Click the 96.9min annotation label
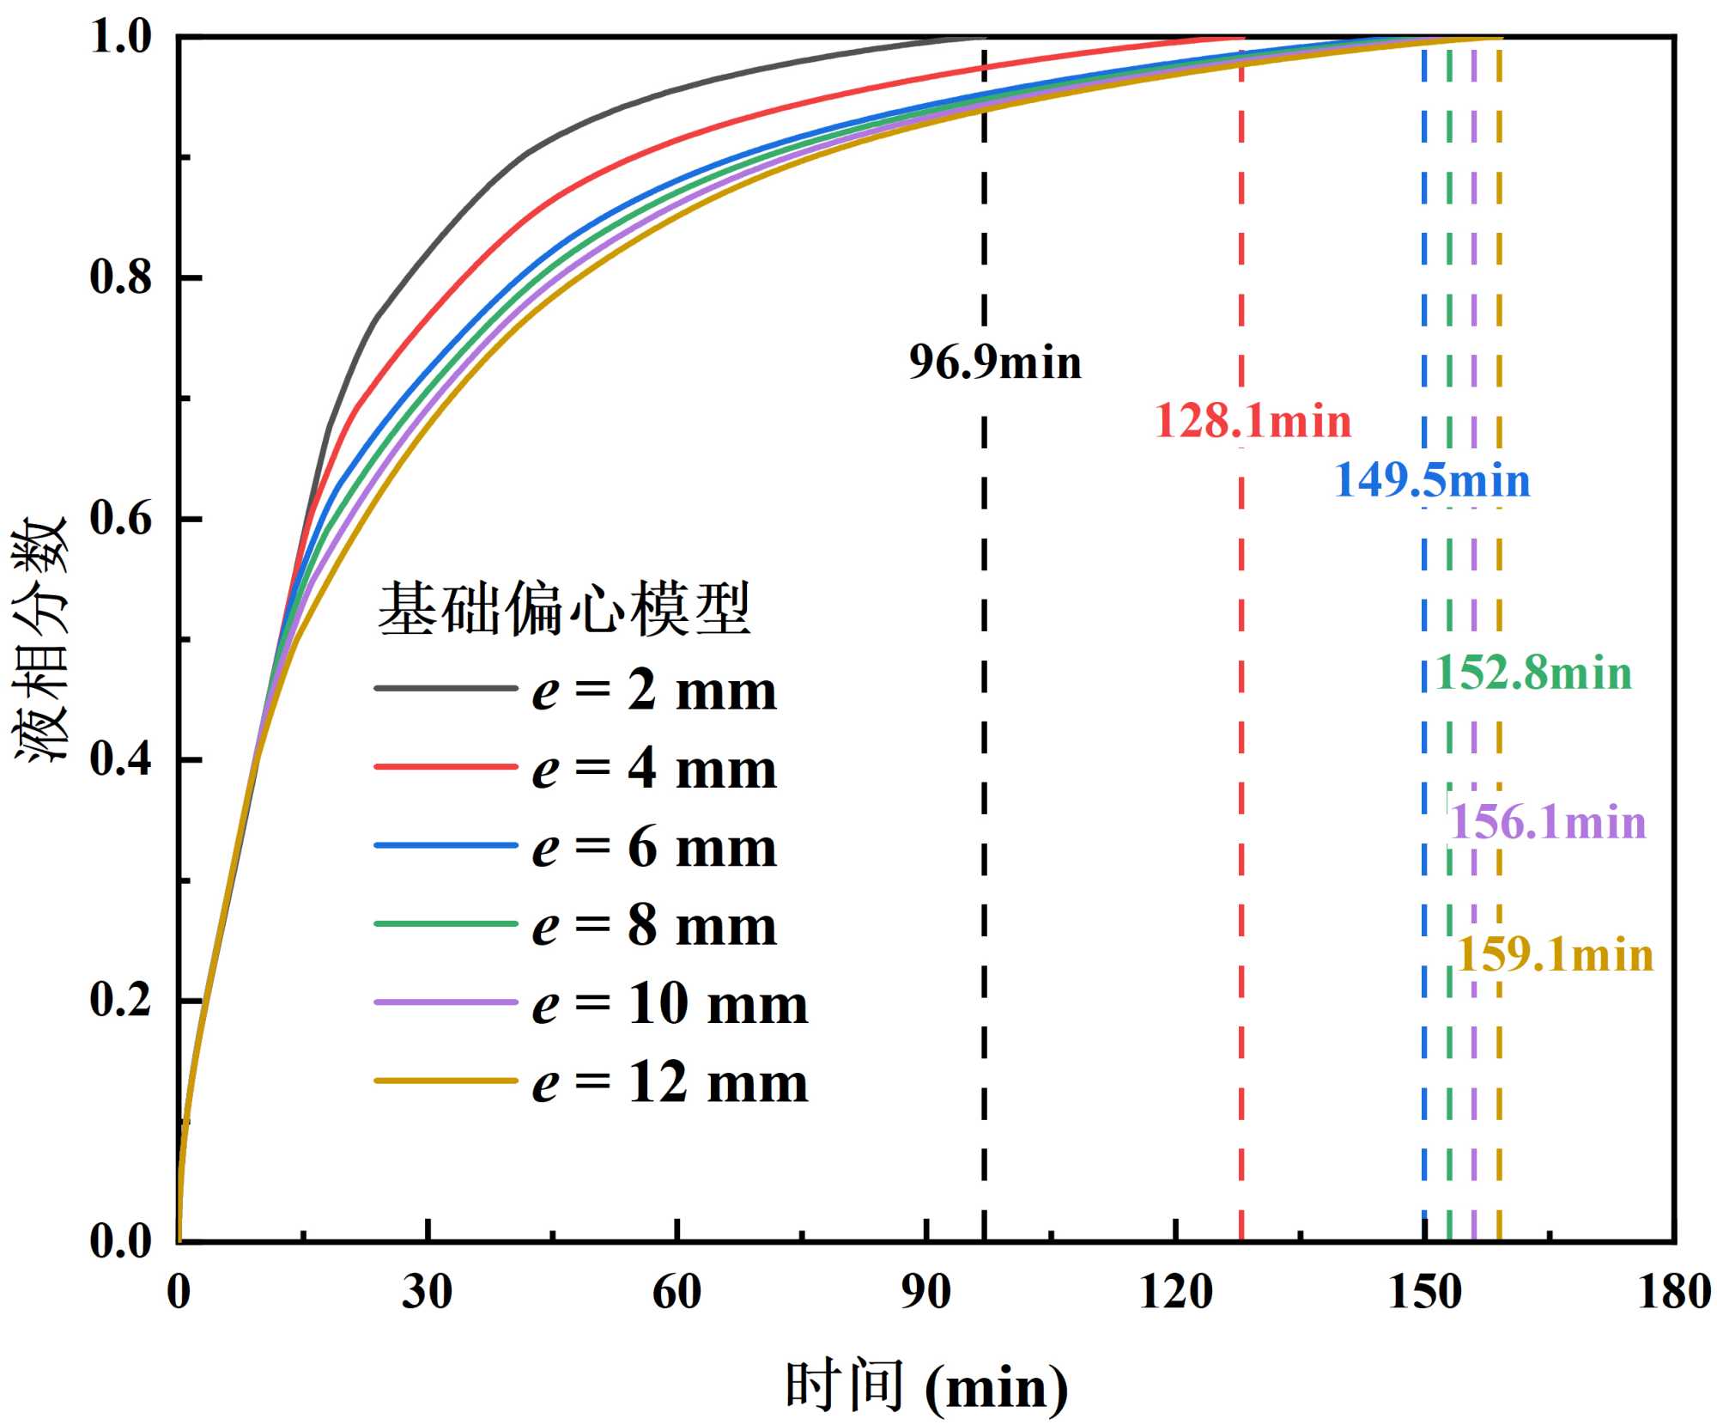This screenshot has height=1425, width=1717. [x=995, y=362]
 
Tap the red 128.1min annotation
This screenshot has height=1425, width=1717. [x=1253, y=421]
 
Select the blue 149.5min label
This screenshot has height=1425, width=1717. [x=1432, y=479]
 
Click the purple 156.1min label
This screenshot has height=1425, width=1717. [x=1548, y=822]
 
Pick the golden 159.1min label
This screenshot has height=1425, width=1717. [x=1556, y=954]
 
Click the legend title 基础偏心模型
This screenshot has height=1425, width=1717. [x=564, y=608]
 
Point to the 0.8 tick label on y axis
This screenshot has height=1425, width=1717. [x=121, y=277]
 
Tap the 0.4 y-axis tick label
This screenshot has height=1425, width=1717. [x=121, y=759]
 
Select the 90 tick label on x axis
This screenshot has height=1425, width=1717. [x=925, y=1291]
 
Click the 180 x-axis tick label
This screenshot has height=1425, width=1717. [x=1674, y=1291]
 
